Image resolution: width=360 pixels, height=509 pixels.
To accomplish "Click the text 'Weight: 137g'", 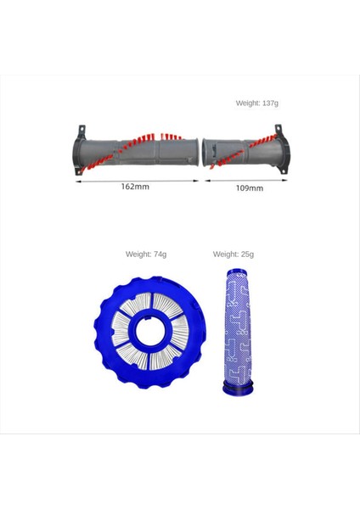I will click(256, 103).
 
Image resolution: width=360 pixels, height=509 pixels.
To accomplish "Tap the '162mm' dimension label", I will click(134, 186).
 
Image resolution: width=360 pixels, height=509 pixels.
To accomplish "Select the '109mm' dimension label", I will click(249, 187).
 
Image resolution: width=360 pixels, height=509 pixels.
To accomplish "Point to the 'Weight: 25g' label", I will click(233, 254).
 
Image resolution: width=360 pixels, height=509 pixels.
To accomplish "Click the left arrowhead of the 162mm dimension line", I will click(77, 179).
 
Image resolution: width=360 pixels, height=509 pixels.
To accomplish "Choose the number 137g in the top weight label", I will click(270, 103).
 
